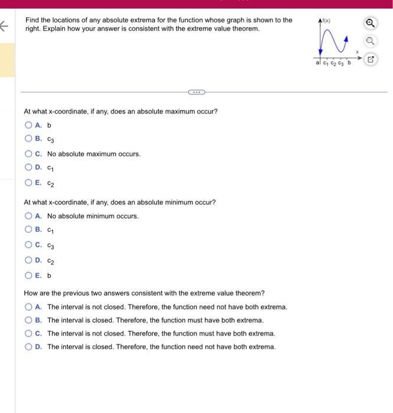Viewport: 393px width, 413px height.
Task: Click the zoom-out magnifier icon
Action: (369, 42)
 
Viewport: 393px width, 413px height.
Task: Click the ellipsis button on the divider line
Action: (196, 92)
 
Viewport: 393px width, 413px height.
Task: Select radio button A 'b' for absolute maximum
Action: (28, 125)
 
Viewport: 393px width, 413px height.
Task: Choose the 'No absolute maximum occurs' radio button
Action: (28, 153)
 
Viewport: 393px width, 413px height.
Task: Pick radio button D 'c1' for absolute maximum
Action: (28, 168)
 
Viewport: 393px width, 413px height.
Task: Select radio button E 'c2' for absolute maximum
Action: (28, 182)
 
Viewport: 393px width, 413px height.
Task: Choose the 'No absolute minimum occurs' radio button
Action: (28, 216)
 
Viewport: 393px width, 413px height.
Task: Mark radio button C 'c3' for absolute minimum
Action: (28, 245)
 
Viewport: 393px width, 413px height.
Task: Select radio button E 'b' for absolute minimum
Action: (28, 275)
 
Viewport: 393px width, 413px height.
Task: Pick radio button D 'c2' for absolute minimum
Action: (28, 260)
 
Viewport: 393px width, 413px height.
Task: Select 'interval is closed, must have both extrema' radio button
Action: (28, 320)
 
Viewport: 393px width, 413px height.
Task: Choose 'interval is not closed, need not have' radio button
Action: (28, 307)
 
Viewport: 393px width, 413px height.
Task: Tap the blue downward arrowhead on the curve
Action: (320, 53)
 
